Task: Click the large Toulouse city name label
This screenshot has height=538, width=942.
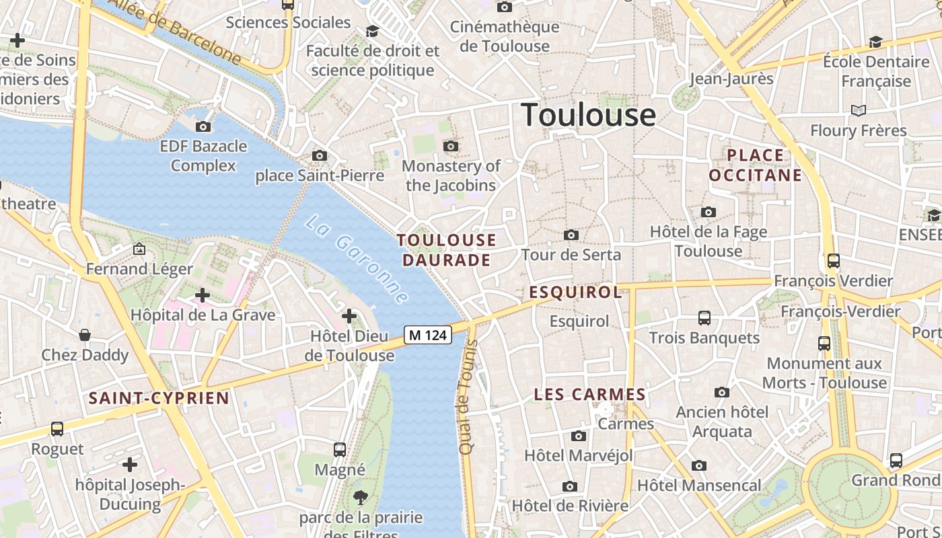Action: [x=588, y=115]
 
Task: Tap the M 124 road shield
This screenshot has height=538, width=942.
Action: [x=428, y=334]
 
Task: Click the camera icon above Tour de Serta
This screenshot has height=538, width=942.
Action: [x=571, y=235]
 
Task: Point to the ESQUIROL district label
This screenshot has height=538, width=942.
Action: [x=575, y=292]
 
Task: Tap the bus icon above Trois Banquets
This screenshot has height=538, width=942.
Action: [x=704, y=317]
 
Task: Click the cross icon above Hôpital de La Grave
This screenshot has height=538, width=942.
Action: [x=203, y=295]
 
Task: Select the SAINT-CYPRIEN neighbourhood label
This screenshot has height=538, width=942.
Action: [x=159, y=398]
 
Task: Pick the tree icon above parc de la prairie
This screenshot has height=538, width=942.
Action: [x=361, y=498]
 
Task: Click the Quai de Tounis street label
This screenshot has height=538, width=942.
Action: [x=467, y=397]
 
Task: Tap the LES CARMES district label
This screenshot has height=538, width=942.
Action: [x=590, y=395]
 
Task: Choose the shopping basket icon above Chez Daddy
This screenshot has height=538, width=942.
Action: [x=85, y=335]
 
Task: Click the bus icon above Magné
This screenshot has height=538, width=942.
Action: [x=340, y=449]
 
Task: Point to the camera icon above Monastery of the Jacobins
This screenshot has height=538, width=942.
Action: [x=451, y=146]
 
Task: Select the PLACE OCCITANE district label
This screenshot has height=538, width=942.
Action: [x=756, y=165]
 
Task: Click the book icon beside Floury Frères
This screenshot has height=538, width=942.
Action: [x=858, y=110]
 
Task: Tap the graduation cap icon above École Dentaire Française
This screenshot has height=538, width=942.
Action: [x=875, y=42]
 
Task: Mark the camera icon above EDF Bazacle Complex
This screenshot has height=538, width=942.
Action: [x=203, y=126]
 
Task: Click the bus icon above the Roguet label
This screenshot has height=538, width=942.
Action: [x=57, y=429]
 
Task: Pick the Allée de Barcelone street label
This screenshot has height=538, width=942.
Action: [x=175, y=30]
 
